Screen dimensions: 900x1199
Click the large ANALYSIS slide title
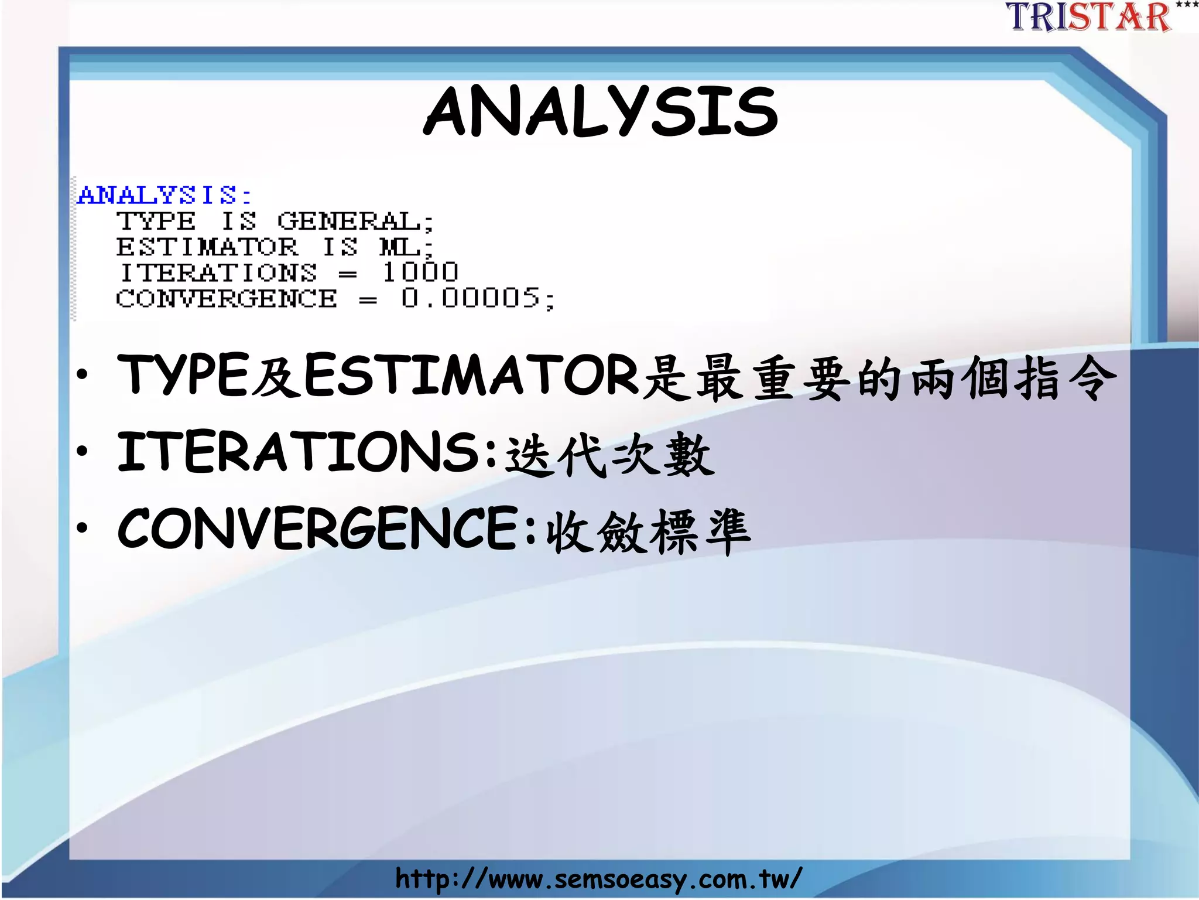(x=601, y=111)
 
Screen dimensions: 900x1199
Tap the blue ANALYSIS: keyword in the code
(x=165, y=195)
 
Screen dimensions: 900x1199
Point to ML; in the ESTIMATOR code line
(x=406, y=247)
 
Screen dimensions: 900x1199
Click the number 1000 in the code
(x=420, y=272)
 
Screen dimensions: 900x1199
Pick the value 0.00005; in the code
(x=477, y=299)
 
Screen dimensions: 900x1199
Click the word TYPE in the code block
(x=156, y=221)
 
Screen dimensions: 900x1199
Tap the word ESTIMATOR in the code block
(x=207, y=247)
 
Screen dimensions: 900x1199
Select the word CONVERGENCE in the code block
(x=226, y=299)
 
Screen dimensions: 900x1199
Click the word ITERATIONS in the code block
(x=218, y=273)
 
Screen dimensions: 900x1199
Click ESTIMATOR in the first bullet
(x=471, y=375)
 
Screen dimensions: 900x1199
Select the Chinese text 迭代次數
(x=609, y=455)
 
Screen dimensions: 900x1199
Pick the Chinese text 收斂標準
(x=648, y=531)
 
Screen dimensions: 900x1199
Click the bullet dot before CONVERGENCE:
(x=83, y=527)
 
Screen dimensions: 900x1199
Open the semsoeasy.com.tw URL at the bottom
(x=598, y=879)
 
